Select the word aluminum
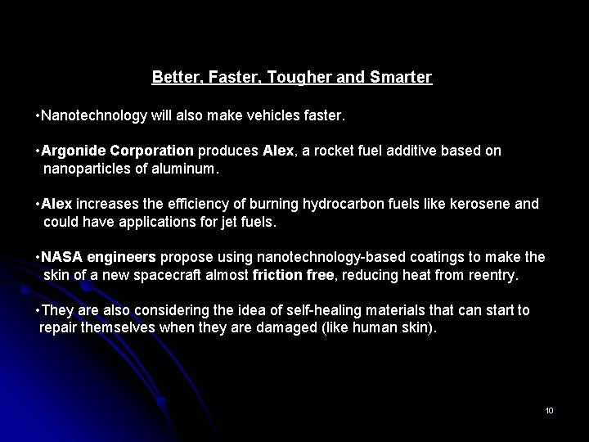pyautogui.click(x=186, y=169)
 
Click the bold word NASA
pyautogui.click(x=60, y=257)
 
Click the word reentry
pyautogui.click(x=493, y=275)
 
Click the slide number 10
pyautogui.click(x=549, y=409)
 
